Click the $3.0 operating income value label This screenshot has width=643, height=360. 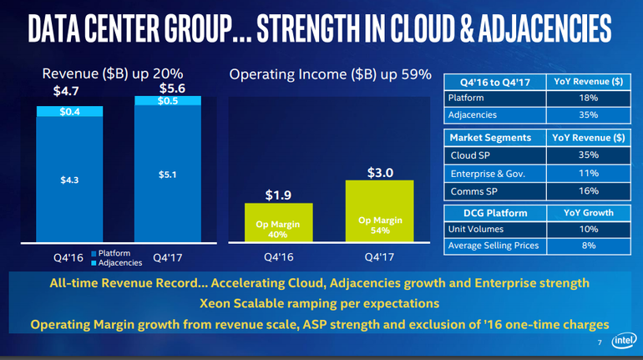379,173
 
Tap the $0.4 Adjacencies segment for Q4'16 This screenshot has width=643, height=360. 69,112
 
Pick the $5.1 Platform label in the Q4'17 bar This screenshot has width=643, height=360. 167,175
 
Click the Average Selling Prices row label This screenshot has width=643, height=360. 494,246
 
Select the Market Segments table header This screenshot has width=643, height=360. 490,137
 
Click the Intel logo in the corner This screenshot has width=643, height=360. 624,342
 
